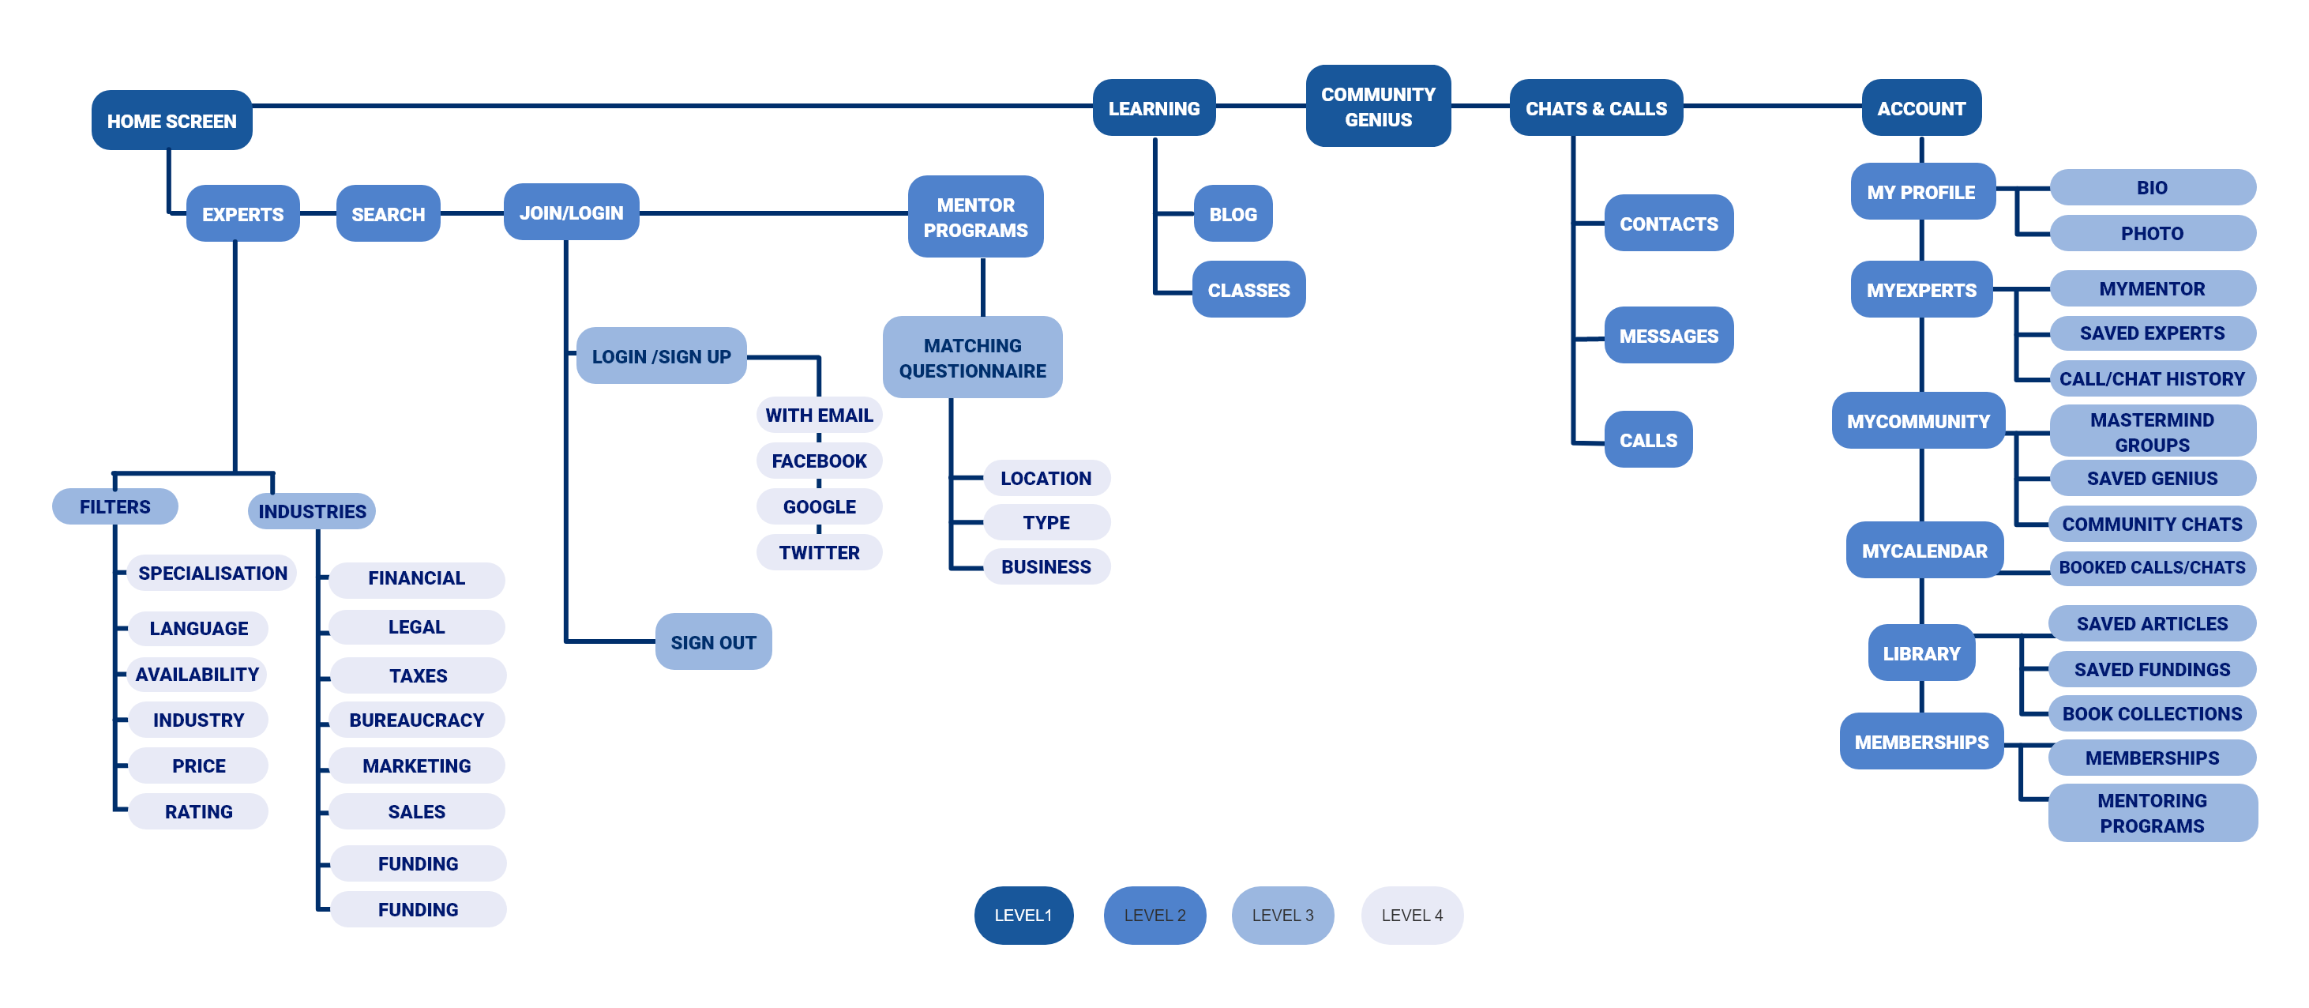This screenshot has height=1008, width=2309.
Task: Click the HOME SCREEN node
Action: point(171,120)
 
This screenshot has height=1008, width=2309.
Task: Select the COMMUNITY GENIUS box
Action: point(1377,107)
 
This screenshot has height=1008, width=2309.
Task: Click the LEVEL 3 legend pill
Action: point(1282,915)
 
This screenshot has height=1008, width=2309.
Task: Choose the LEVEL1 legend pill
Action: point(1023,915)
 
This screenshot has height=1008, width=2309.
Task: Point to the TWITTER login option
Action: point(818,552)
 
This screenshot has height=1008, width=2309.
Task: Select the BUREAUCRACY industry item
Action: point(416,720)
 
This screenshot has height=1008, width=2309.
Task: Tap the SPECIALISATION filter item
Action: point(212,573)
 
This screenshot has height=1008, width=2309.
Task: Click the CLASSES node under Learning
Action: point(1248,290)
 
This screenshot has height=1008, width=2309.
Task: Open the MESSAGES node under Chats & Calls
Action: point(1667,336)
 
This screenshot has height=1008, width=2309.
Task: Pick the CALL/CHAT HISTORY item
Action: point(2151,378)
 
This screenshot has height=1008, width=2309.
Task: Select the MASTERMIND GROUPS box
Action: point(2151,431)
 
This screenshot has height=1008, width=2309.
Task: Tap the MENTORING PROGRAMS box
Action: point(2151,813)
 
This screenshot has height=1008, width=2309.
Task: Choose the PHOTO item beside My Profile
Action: point(2151,233)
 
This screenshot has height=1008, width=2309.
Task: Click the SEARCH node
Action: point(387,214)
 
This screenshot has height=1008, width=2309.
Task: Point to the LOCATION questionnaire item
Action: point(1046,478)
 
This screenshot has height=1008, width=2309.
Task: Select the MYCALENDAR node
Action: point(1924,551)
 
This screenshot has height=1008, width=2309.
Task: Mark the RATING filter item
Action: point(198,811)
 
